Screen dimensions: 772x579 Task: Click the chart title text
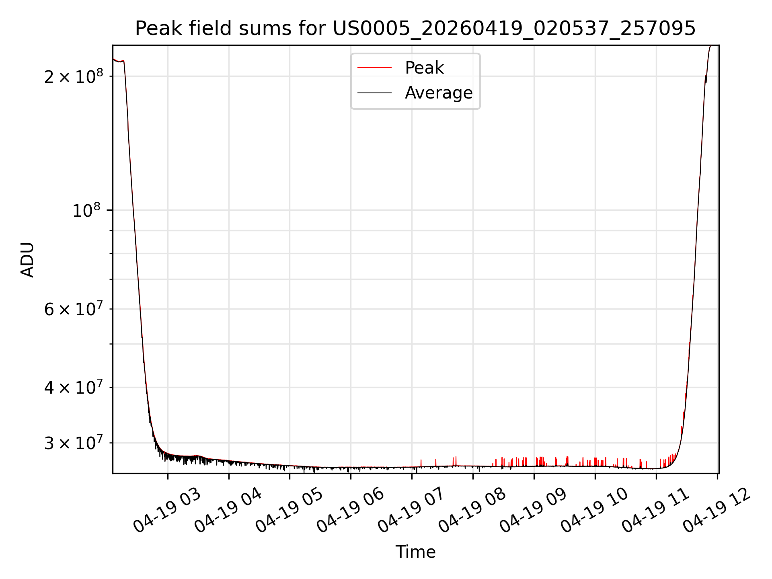click(x=415, y=29)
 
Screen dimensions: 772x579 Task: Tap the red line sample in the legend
click(x=374, y=68)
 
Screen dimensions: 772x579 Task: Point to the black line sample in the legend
click(x=374, y=93)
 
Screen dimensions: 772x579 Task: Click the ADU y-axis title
click(x=27, y=260)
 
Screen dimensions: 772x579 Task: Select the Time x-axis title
click(x=415, y=552)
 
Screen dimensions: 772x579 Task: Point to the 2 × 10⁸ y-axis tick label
click(x=74, y=76)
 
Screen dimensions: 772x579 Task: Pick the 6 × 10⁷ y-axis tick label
click(x=74, y=309)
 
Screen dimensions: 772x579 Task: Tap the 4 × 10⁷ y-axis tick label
click(x=74, y=387)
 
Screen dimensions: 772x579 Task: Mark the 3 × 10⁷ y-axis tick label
click(x=74, y=443)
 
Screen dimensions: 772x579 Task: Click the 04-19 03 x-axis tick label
click(x=167, y=511)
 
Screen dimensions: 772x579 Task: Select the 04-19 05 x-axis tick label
click(x=289, y=511)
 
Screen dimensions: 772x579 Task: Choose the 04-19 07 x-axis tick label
click(x=411, y=511)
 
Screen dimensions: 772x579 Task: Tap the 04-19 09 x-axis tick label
click(x=533, y=511)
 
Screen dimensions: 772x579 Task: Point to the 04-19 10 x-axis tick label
click(x=594, y=511)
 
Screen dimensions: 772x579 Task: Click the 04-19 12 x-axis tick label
click(x=717, y=511)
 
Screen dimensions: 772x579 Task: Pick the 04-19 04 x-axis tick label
click(x=228, y=511)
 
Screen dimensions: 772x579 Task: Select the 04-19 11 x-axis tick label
click(x=655, y=511)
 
